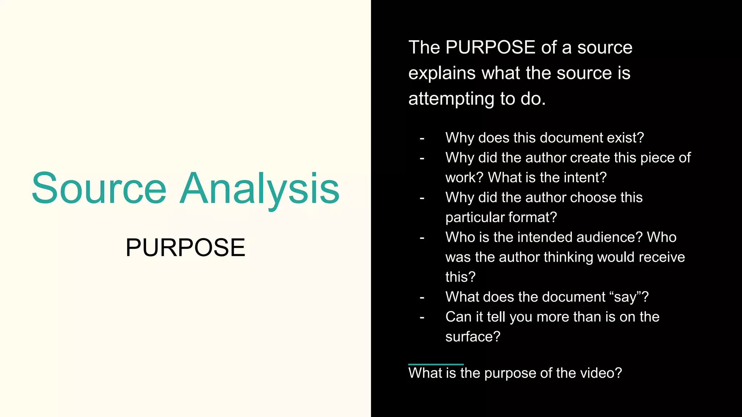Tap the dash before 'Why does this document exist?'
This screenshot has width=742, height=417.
[422, 138]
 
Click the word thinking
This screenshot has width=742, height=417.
[568, 257]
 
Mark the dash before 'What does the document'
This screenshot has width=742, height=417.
[422, 297]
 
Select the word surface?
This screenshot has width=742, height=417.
[473, 337]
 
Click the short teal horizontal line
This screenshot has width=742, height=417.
[436, 365]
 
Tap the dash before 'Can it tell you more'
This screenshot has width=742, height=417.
[422, 317]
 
